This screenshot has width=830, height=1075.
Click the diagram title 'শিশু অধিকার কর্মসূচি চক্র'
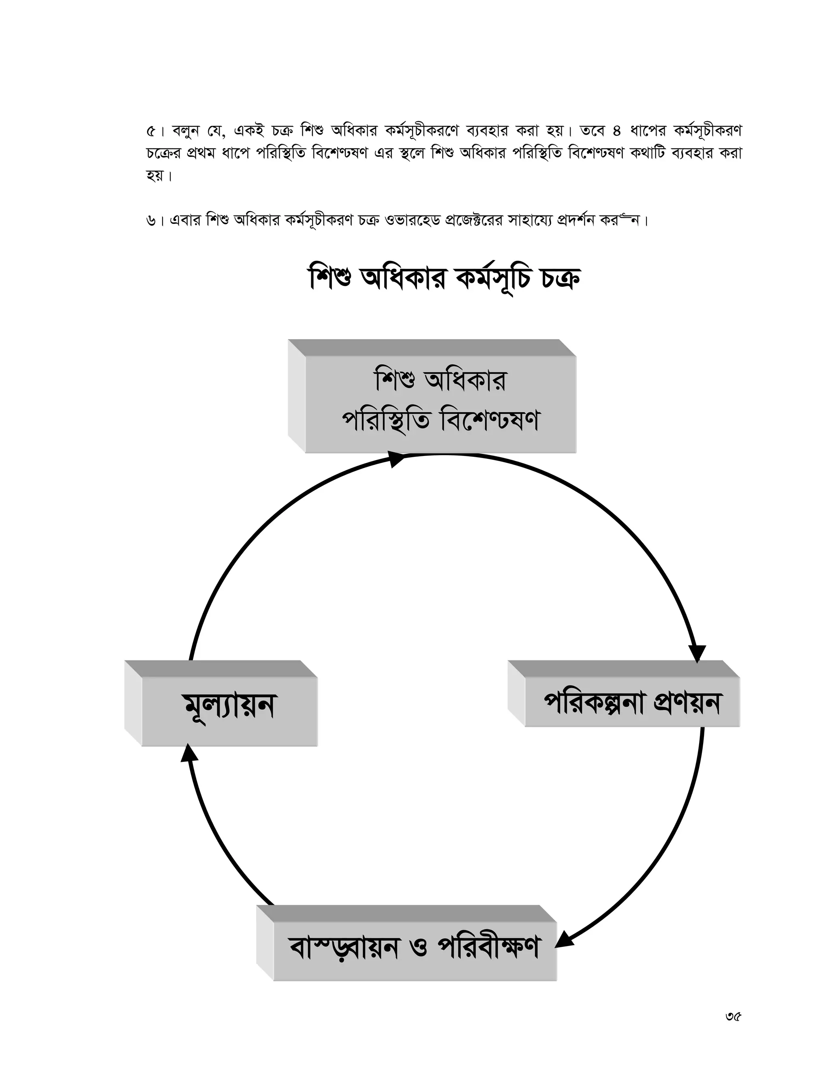tap(444, 279)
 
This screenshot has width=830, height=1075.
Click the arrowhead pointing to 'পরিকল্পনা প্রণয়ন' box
tap(697, 653)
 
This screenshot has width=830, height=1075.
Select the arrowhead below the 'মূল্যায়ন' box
tap(188, 752)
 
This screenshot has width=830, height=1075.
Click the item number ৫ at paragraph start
tap(151, 131)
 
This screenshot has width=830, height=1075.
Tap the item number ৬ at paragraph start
tap(151, 221)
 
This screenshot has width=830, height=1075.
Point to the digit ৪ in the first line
tap(617, 131)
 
